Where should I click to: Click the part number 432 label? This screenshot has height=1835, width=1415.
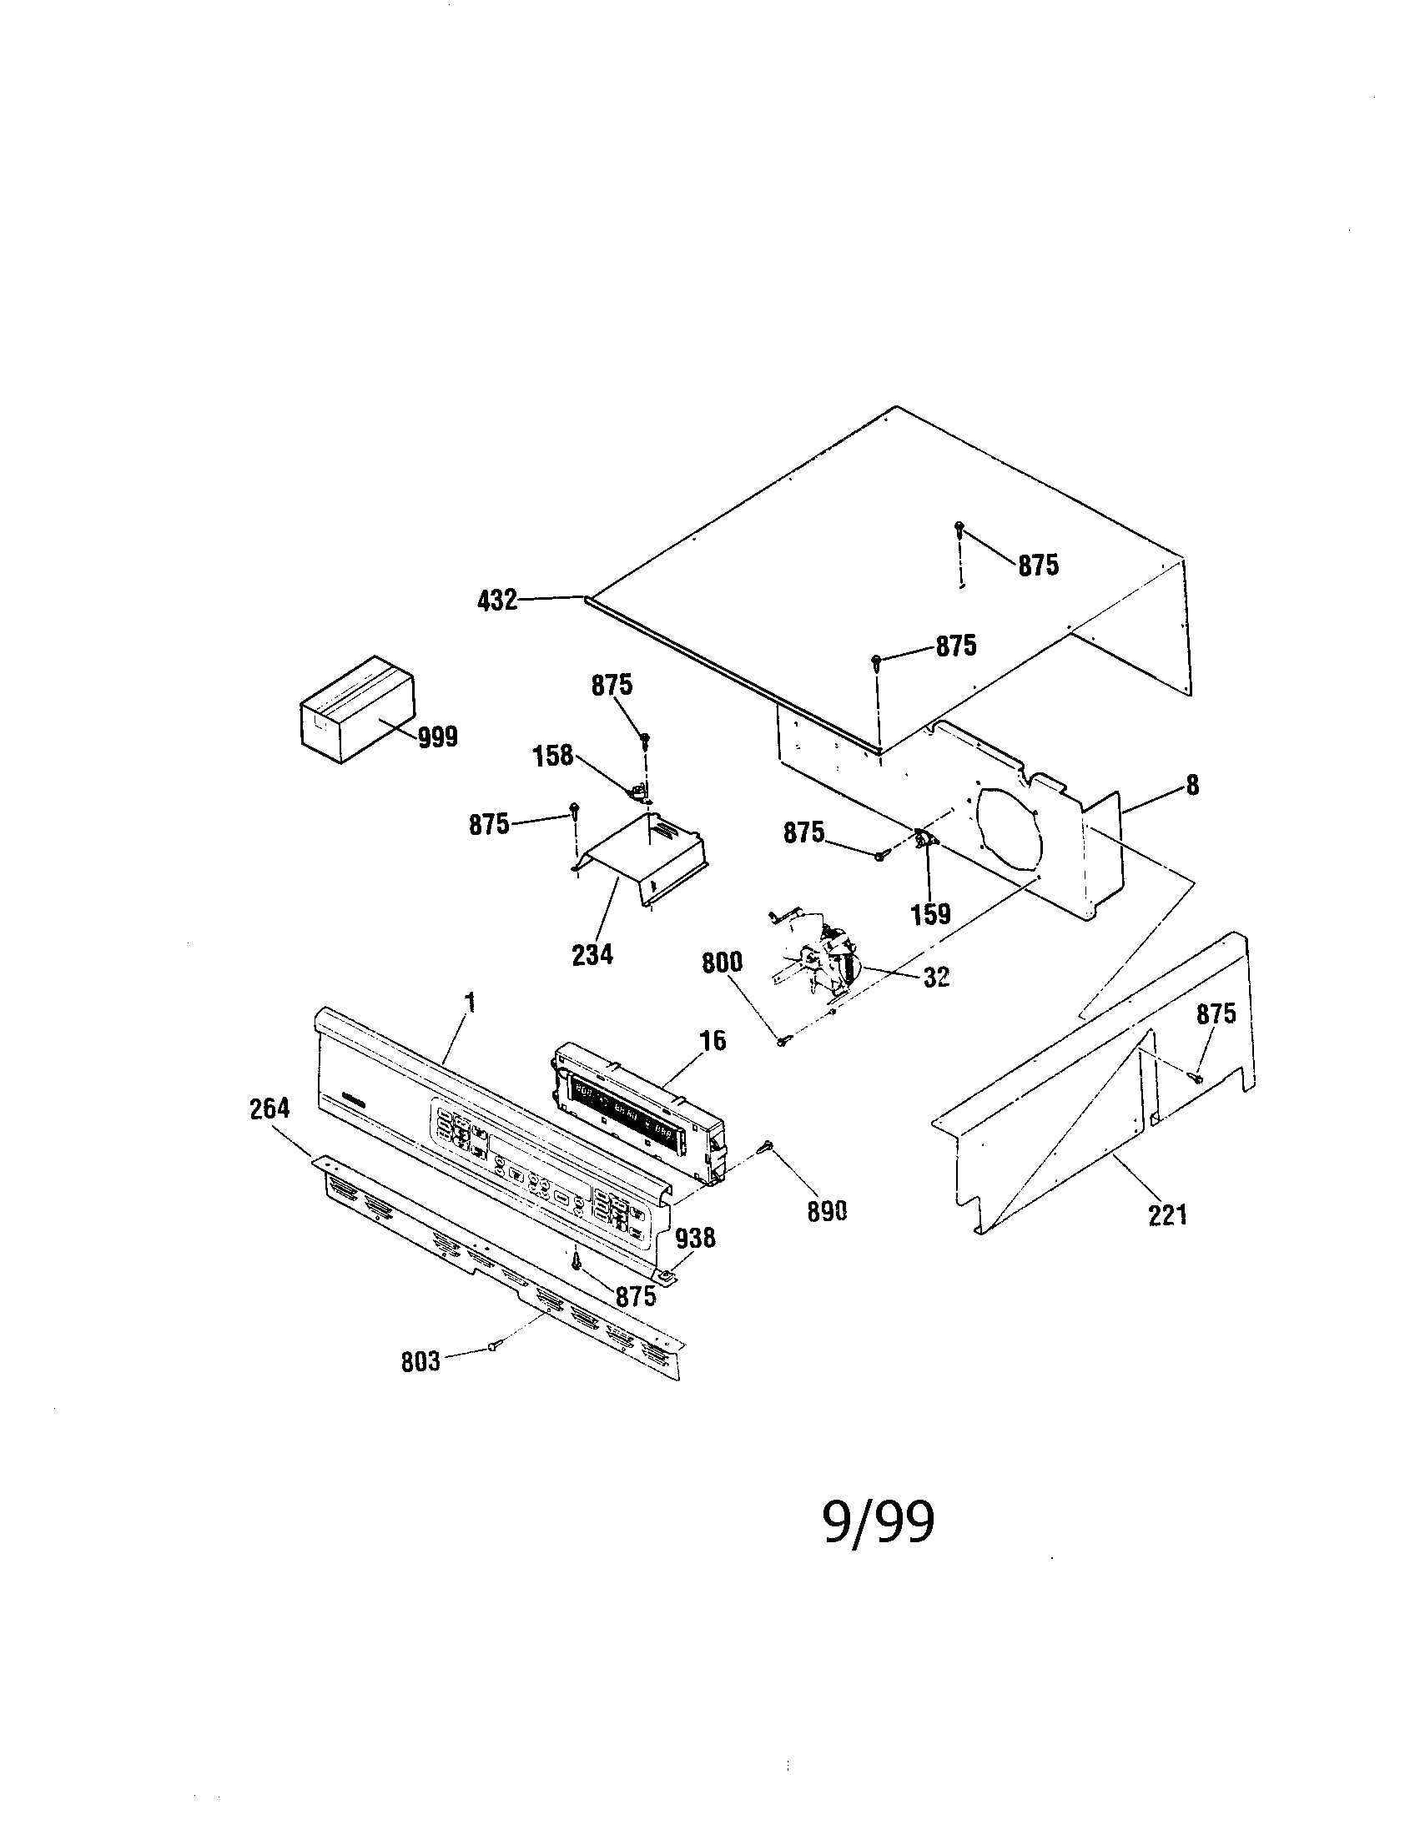496,601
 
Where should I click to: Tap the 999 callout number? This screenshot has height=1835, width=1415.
437,737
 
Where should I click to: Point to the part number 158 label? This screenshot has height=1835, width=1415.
553,756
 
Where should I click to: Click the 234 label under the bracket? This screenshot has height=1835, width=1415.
592,954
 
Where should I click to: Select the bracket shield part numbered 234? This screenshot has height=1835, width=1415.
642,857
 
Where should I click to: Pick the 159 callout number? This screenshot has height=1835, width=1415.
931,913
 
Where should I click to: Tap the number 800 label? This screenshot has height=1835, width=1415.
722,963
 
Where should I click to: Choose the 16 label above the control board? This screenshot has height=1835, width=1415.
713,1040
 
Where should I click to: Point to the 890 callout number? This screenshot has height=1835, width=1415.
827,1211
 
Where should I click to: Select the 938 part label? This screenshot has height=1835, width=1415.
695,1238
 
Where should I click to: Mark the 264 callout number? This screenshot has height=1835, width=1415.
269,1109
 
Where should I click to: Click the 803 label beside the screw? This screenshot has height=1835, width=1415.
420,1362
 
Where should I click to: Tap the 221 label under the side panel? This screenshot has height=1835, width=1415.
1168,1215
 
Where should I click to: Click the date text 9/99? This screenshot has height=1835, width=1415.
878,1521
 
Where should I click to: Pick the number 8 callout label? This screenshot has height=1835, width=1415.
1192,786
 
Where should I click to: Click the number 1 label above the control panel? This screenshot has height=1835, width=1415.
470,1002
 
